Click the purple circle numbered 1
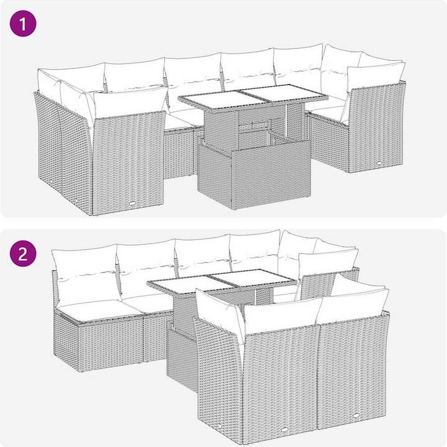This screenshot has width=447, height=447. tap(23, 24)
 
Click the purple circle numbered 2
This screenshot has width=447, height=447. tap(23, 254)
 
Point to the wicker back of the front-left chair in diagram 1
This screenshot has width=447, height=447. tap(129, 163)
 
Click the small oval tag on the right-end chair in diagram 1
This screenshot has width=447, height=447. tap(379, 163)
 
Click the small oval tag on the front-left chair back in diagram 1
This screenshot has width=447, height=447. tap(133, 203)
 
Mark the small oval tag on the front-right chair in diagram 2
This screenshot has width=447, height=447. tap(356, 415)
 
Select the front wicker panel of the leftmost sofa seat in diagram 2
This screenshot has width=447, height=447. tap(111, 346)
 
